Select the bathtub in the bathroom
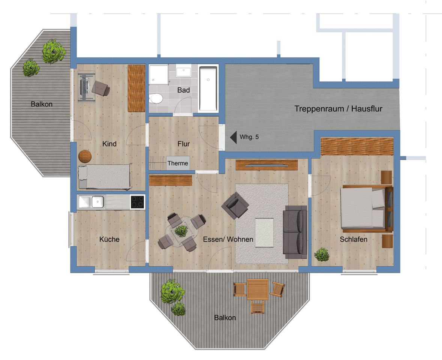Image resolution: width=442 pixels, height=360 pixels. [208, 88]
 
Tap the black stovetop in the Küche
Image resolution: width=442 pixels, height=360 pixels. [138, 202]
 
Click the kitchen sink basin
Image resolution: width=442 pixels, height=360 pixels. [98, 202]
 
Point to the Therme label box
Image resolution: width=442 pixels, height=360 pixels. [178, 163]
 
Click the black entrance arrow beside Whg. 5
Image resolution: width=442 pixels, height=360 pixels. [233, 137]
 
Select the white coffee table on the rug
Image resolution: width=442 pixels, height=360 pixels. [264, 233]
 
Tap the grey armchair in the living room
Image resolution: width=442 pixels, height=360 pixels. [235, 205]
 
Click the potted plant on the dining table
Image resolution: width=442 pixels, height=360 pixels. [181, 231]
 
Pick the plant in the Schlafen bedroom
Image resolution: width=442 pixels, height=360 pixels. [322, 254]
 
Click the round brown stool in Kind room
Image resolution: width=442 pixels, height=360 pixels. [85, 156]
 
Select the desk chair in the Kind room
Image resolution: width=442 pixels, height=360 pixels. [100, 88]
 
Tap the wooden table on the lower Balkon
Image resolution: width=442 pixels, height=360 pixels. [258, 289]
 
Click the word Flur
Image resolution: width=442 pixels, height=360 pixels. [184, 144]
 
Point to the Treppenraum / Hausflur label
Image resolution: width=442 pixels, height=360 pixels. [338, 109]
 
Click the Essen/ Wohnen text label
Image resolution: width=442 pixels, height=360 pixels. [228, 239]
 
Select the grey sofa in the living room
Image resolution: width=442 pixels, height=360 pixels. [295, 232]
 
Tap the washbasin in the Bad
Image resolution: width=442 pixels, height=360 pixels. [183, 72]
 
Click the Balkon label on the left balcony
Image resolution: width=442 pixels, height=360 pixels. [42, 104]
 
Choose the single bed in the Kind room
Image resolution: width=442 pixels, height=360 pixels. [104, 177]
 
